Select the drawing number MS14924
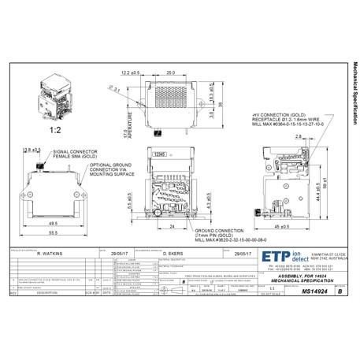[292, 291]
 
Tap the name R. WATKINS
[50, 254]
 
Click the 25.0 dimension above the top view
[169, 73]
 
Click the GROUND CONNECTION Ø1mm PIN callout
[228, 234]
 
